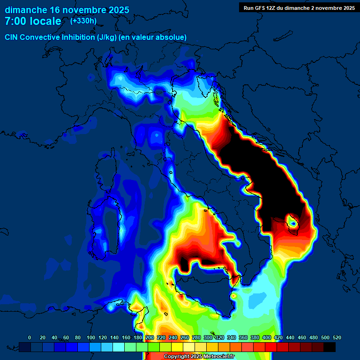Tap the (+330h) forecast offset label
click(83, 21)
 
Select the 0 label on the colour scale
click(30, 337)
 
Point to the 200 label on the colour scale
click(150, 337)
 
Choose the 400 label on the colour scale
click(266, 337)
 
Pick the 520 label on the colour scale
click(337, 337)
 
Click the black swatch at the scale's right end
click(330, 347)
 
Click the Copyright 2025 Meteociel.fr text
click(199, 356)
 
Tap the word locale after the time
click(48, 21)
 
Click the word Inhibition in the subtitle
click(77, 37)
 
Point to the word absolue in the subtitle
click(172, 37)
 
